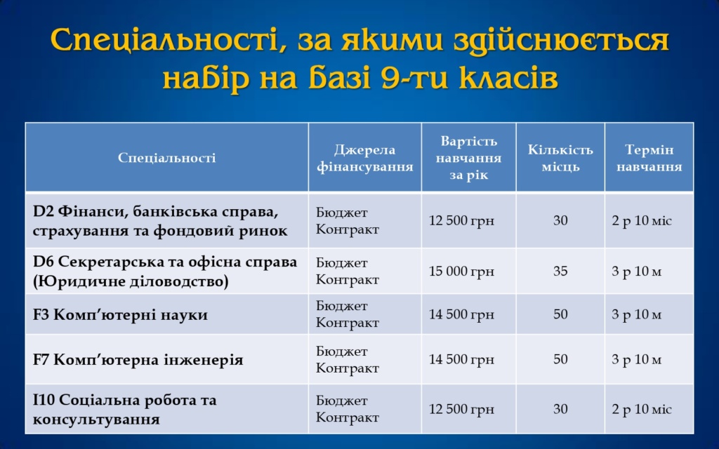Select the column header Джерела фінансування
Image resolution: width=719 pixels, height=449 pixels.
[x=364, y=158]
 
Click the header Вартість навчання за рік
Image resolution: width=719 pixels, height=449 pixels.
[x=468, y=158]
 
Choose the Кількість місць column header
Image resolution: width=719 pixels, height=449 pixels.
[x=560, y=158]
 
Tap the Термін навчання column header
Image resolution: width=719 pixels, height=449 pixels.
[x=649, y=158]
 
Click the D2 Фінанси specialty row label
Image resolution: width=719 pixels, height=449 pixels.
[x=160, y=221]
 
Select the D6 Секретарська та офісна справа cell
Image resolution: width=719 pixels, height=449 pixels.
[x=165, y=272]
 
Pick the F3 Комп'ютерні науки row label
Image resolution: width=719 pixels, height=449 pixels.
[x=120, y=315]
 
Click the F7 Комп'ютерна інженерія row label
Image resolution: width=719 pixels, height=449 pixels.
[x=138, y=360]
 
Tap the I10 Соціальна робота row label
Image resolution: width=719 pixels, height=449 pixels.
[x=124, y=410]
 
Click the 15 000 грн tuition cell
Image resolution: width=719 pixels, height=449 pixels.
[x=461, y=272]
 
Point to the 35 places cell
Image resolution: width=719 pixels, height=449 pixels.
[x=560, y=272]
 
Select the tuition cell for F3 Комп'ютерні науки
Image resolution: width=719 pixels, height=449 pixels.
[x=461, y=315]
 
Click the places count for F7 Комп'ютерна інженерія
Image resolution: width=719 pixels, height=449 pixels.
[x=560, y=359]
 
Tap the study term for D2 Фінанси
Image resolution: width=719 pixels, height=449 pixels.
[x=642, y=221]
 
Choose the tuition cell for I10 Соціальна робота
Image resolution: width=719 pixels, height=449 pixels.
[x=461, y=409]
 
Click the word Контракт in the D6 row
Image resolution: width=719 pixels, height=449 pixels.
[x=347, y=279]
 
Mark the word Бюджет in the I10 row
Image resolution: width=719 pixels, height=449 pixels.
[x=342, y=401]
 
